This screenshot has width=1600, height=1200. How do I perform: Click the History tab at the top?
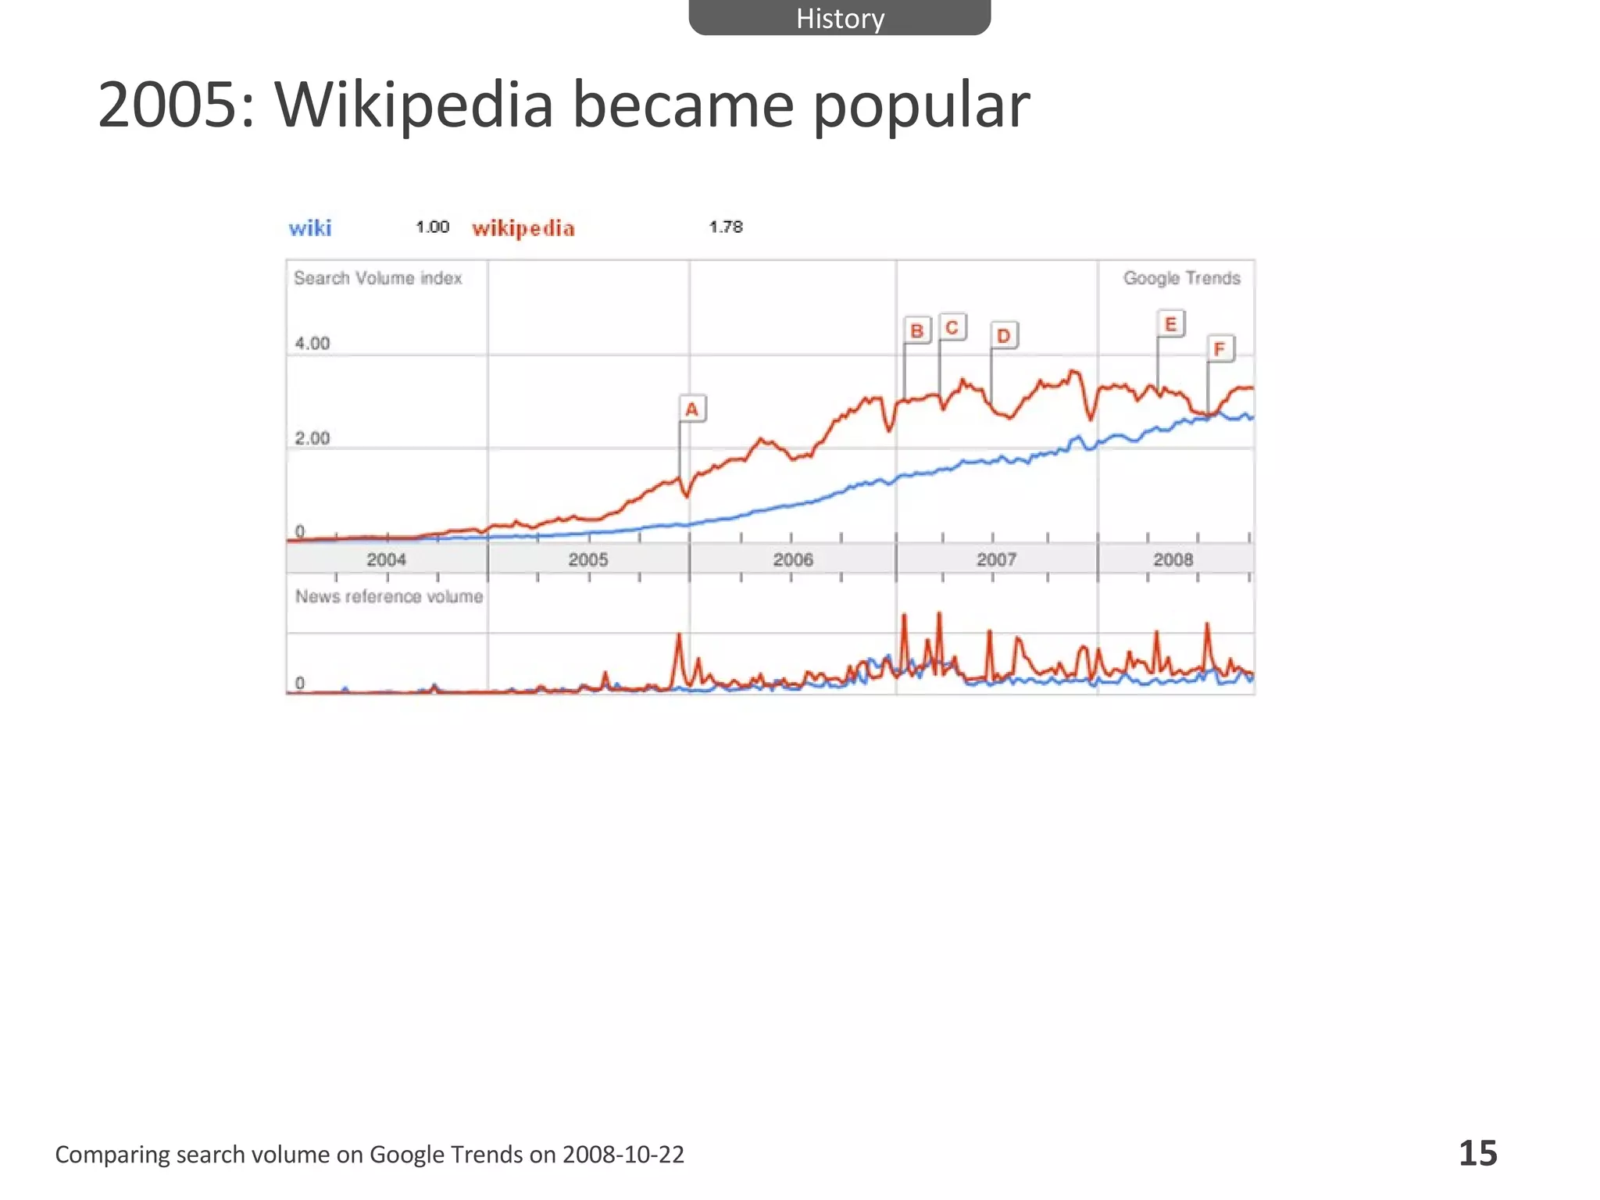click(839, 18)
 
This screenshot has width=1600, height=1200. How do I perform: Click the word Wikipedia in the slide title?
click(413, 105)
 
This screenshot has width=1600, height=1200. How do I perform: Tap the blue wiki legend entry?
click(310, 228)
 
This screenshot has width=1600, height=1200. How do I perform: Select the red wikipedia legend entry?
click(523, 228)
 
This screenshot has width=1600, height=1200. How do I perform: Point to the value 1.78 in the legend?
click(726, 227)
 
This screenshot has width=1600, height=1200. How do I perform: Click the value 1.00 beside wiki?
click(432, 227)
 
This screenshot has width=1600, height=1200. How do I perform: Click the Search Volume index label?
click(377, 278)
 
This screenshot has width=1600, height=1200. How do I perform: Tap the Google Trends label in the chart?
click(1181, 278)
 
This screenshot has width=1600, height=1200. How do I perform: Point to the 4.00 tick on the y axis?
click(312, 343)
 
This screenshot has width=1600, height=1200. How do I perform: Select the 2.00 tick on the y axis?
click(312, 438)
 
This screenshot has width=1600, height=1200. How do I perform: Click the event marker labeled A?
click(691, 409)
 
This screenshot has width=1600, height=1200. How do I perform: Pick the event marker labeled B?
click(917, 330)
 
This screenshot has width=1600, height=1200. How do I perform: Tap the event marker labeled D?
click(1004, 335)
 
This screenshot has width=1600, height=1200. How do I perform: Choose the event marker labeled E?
click(1170, 323)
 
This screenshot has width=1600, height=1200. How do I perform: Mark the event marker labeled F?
click(1220, 348)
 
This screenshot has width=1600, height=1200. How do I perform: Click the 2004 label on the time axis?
click(387, 559)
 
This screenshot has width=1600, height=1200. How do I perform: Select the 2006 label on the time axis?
click(793, 559)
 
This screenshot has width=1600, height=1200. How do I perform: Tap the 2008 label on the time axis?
click(1173, 559)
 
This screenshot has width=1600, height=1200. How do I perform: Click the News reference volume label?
click(389, 596)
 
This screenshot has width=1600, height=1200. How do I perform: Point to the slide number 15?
click(1478, 1153)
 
